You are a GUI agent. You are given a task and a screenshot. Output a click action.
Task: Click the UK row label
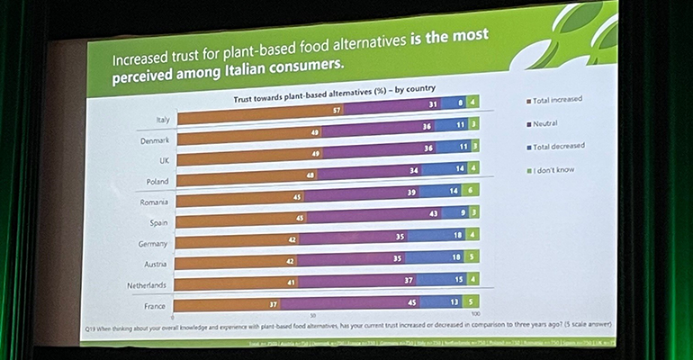point(163,160)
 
